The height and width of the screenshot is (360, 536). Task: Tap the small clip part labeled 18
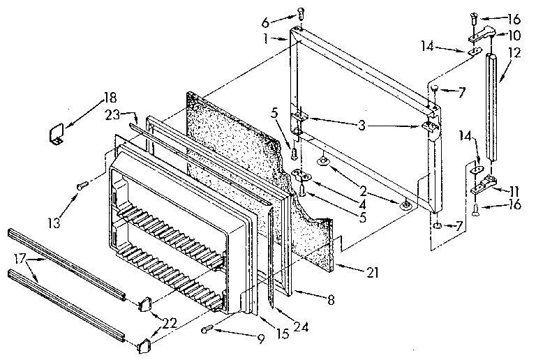(x=55, y=134)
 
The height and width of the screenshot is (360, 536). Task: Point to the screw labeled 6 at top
(x=301, y=13)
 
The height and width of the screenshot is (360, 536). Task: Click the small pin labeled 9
(x=207, y=329)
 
